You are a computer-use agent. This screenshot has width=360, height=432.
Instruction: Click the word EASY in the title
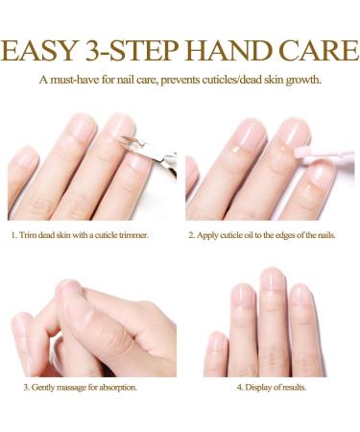49,46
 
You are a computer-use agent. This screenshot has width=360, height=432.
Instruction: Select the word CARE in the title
311,46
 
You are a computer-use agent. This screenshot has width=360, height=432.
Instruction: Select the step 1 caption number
14,234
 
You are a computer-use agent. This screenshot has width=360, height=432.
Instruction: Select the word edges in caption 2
293,234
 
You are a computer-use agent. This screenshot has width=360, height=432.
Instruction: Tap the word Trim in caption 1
29,234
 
